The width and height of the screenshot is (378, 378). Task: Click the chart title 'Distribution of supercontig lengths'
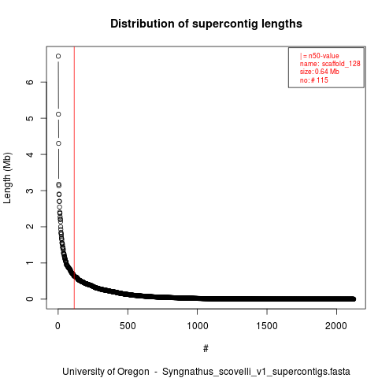pyautogui.click(x=206, y=24)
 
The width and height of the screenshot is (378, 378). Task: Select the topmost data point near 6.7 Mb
pyautogui.click(x=58, y=56)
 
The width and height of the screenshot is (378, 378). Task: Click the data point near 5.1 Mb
pyautogui.click(x=58, y=114)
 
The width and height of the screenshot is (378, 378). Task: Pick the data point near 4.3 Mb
pyautogui.click(x=58, y=143)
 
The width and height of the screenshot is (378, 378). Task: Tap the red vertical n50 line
pyautogui.click(x=74, y=178)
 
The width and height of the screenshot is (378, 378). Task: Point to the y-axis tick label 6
pyautogui.click(x=30, y=82)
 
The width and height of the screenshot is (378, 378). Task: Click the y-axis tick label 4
pyautogui.click(x=30, y=154)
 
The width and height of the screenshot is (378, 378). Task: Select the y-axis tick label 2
pyautogui.click(x=30, y=227)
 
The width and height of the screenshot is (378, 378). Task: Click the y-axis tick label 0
pyautogui.click(x=30, y=298)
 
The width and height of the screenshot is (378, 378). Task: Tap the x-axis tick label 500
pyautogui.click(x=128, y=326)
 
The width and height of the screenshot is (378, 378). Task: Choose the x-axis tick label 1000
pyautogui.click(x=197, y=326)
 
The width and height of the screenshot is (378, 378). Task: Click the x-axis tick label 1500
pyautogui.click(x=267, y=326)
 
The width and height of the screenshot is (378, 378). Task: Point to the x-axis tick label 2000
pyautogui.click(x=336, y=326)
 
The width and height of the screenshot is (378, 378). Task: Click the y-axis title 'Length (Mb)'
pyautogui.click(x=7, y=178)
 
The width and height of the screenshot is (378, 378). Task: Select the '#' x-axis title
pyautogui.click(x=206, y=349)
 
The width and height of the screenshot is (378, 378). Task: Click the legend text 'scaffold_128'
pyautogui.click(x=341, y=64)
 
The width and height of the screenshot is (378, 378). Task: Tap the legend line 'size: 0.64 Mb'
pyautogui.click(x=320, y=72)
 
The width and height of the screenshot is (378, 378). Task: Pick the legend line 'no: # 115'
pyautogui.click(x=314, y=80)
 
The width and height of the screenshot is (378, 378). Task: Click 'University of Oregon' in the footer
pyautogui.click(x=106, y=372)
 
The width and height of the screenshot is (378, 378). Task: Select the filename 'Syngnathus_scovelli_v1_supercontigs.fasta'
pyautogui.click(x=256, y=372)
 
